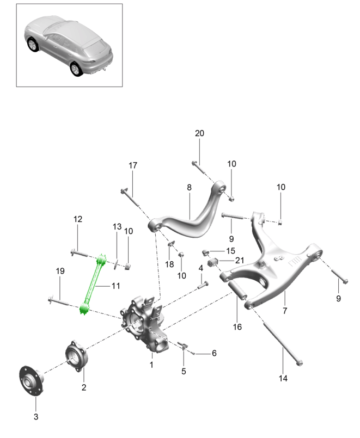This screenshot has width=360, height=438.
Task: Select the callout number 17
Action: pyautogui.click(x=133, y=165)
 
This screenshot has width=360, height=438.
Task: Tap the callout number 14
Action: pyautogui.click(x=283, y=377)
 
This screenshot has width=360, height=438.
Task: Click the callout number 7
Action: pyautogui.click(x=284, y=310)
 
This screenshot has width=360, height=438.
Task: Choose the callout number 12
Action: pyautogui.click(x=78, y=219)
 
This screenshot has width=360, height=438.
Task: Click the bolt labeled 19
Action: pyautogui.click(x=59, y=300)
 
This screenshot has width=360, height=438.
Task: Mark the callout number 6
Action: pyautogui.click(x=214, y=353)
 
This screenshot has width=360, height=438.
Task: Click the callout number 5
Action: pyautogui.click(x=184, y=371)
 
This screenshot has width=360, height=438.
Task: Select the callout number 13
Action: pyautogui.click(x=116, y=226)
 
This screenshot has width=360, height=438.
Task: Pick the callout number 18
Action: pyautogui.click(x=169, y=264)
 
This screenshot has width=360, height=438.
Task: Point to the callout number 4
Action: pyautogui.click(x=200, y=268)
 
